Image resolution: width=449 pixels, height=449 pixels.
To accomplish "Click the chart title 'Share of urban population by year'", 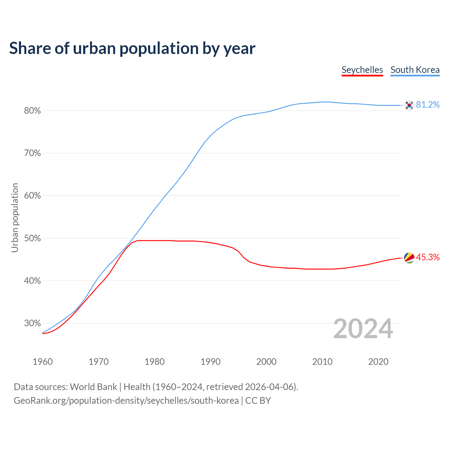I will click(x=132, y=48).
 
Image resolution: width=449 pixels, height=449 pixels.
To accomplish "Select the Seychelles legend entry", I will click(x=362, y=70).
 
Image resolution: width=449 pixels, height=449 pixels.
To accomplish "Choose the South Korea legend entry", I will click(x=415, y=70).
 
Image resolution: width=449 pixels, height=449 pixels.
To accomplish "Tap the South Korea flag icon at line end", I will click(x=409, y=105).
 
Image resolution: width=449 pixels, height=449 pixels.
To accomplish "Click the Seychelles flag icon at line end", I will click(x=409, y=257).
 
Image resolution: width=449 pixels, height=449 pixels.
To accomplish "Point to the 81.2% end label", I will click(x=428, y=105).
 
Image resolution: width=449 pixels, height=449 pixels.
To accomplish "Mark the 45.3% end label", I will click(x=428, y=257).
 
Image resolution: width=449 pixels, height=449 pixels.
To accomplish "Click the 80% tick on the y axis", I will click(x=32, y=111).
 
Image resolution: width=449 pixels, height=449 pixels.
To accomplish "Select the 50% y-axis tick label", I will click(x=32, y=239).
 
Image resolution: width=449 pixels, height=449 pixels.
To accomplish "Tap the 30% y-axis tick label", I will click(x=32, y=323).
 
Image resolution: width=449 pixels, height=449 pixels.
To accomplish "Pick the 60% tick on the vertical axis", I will click(x=32, y=196).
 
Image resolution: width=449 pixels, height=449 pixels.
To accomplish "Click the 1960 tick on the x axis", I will click(x=42, y=362).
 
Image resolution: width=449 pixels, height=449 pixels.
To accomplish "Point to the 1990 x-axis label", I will click(x=210, y=362).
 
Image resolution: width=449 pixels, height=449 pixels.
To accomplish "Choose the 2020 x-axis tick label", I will click(x=378, y=362).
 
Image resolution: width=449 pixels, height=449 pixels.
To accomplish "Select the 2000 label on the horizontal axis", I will click(x=266, y=362).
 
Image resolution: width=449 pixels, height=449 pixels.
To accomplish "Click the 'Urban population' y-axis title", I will click(x=15, y=217).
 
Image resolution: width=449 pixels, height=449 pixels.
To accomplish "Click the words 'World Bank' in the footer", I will click(x=93, y=387).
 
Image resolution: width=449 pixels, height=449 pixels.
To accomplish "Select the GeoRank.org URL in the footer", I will click(x=126, y=401).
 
